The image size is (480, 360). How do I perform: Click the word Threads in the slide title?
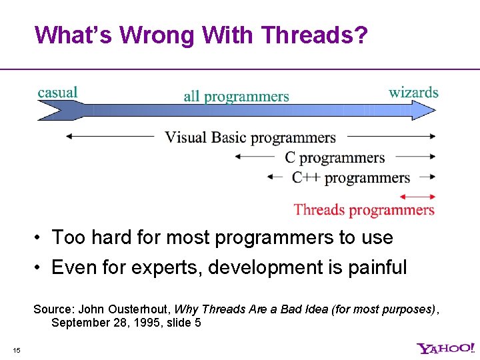click(x=309, y=35)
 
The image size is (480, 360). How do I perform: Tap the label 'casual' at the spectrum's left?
click(x=57, y=92)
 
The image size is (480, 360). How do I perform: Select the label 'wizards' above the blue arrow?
click(x=413, y=92)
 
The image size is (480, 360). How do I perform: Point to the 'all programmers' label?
click(x=236, y=97)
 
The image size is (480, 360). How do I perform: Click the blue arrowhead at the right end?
click(x=423, y=111)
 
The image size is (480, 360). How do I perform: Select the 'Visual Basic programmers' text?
click(x=250, y=137)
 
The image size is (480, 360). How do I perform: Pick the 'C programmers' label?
click(x=335, y=157)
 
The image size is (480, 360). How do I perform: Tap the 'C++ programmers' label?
click(x=351, y=177)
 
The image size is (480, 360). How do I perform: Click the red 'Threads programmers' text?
click(x=364, y=210)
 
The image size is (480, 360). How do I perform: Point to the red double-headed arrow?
click(x=417, y=197)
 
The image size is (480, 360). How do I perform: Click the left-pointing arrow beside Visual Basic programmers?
click(x=110, y=137)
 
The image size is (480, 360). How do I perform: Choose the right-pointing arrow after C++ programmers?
click(x=425, y=177)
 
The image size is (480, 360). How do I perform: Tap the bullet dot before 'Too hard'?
click(x=41, y=238)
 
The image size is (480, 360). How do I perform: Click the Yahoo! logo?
click(x=445, y=348)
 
